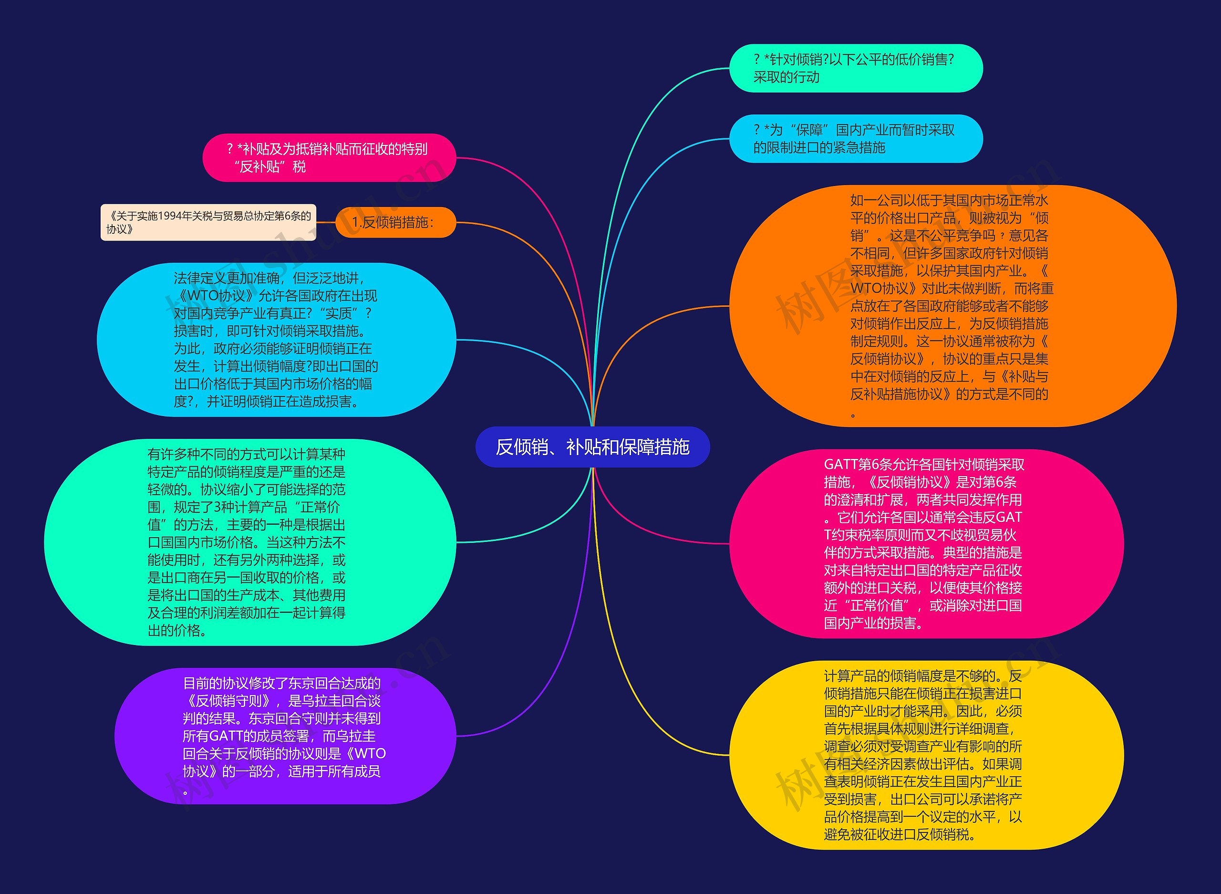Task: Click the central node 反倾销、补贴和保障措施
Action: point(592,447)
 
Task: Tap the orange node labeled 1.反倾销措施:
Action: point(395,222)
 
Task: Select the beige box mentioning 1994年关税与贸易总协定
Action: point(208,222)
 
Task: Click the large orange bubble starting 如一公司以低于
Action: point(952,306)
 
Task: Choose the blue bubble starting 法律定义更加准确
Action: point(276,340)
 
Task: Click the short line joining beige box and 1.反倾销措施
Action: point(326,222)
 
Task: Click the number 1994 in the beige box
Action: point(170,217)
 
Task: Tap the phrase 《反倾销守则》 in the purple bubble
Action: point(228,701)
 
